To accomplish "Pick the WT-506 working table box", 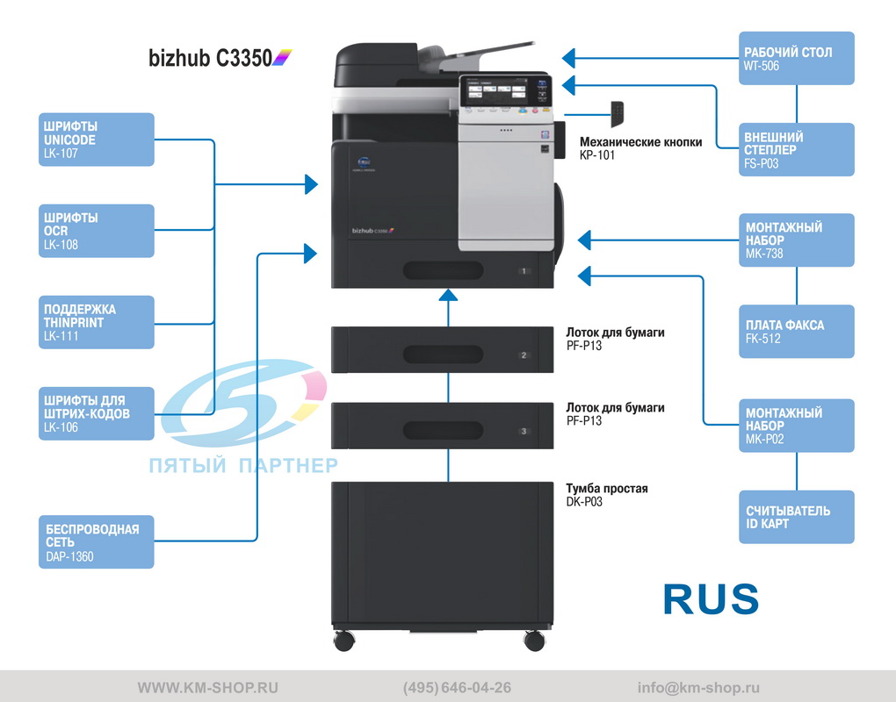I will click(x=796, y=58).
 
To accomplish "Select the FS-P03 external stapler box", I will click(x=796, y=149).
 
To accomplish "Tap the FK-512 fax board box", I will click(x=796, y=331).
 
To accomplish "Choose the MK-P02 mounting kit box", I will click(x=796, y=426).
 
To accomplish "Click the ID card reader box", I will click(x=796, y=517).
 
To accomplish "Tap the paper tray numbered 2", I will click(x=443, y=355).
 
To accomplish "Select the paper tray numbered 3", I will click(x=443, y=430).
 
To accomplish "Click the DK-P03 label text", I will click(x=584, y=502).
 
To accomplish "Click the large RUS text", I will click(x=711, y=598).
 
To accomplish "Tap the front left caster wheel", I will click(x=343, y=640).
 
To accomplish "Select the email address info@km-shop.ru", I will click(x=698, y=688).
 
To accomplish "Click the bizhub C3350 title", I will click(x=211, y=59).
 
